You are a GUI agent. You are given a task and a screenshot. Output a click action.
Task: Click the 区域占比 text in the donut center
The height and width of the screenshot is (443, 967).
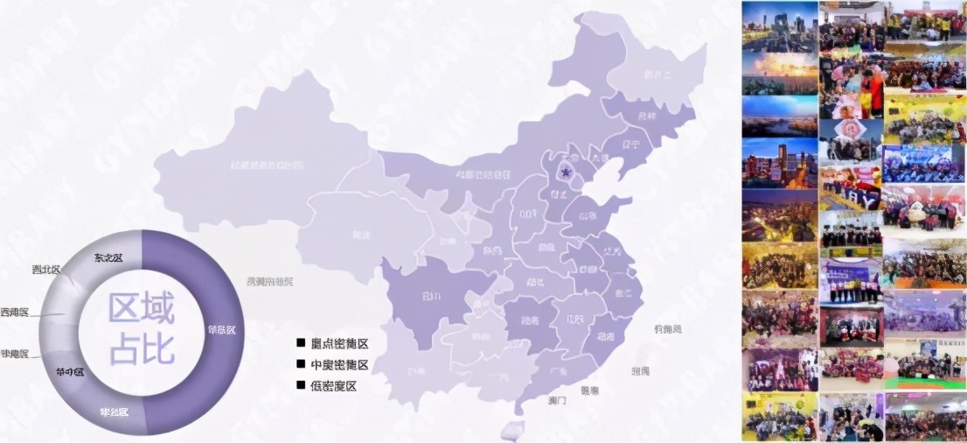142,328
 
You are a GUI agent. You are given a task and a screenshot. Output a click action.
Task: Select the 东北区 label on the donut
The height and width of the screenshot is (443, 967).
108,257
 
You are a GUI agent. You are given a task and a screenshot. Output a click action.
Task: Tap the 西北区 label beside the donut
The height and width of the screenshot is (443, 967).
46,270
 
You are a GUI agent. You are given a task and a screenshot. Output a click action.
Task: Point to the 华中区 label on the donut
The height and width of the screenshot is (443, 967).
70,371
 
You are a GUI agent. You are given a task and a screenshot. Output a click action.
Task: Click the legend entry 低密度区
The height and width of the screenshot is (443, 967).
333,386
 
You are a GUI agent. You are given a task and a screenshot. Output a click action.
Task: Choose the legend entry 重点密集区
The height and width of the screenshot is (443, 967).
338,342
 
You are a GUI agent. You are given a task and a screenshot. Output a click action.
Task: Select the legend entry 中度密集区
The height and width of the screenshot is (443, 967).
338,364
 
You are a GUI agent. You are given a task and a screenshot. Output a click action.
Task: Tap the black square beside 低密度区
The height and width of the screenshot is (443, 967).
301,386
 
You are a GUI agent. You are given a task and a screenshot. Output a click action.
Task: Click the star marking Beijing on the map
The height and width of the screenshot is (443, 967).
567,172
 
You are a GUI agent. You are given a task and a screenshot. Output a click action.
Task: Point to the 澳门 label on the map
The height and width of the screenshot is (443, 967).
557,400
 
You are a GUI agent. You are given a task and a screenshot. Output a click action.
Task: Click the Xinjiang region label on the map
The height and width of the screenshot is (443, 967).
261,164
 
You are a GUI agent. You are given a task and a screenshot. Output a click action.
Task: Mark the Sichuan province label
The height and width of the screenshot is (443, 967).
431,296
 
